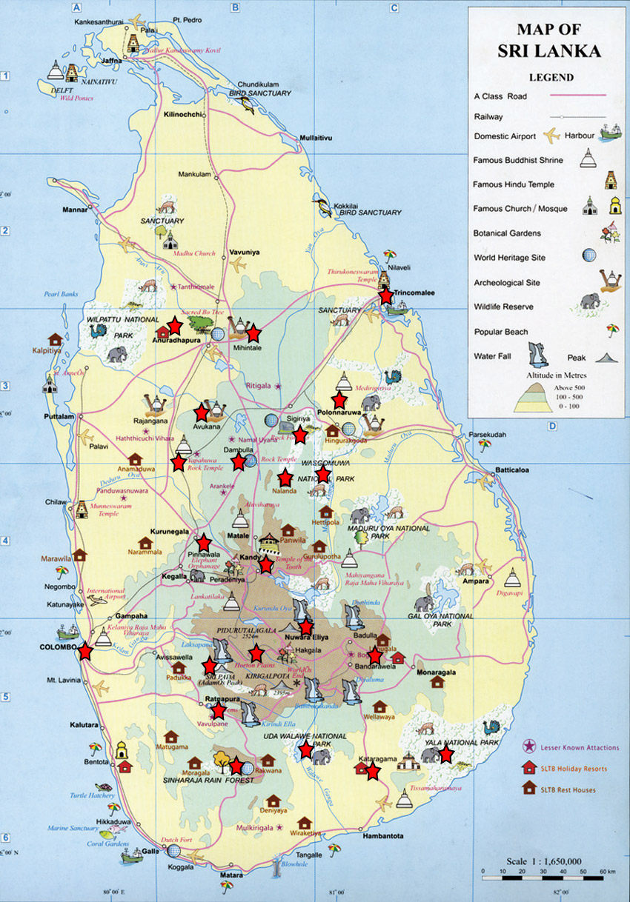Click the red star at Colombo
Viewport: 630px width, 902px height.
pos(86,651)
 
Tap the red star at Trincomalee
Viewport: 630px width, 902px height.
pos(385,295)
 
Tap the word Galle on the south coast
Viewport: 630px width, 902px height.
pos(150,851)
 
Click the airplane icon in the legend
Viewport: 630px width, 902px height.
pos(551,136)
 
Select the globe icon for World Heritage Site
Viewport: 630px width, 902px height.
pos(589,255)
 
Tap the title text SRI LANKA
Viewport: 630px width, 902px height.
pos(548,52)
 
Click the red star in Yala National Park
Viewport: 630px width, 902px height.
pos(445,754)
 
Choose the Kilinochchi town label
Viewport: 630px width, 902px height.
pos(184,115)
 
